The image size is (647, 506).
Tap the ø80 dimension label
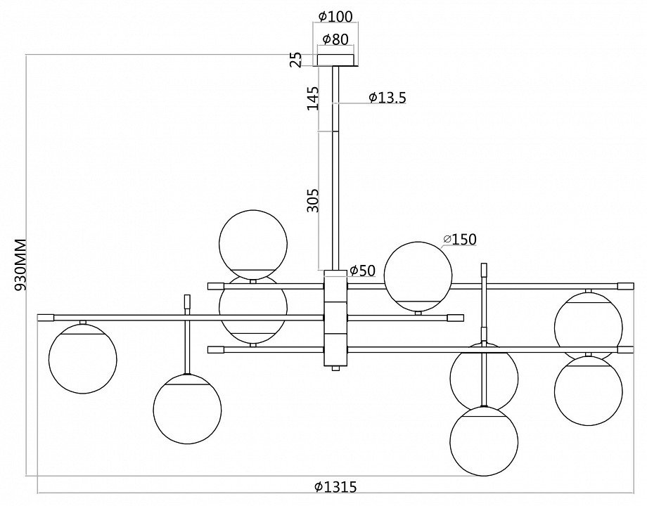point(335,39)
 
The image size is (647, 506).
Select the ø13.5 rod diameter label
point(387,98)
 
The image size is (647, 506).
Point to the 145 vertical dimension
point(313,98)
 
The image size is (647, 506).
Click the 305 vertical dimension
point(313,200)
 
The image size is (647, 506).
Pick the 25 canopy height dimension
point(296,59)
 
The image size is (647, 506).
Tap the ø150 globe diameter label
point(460,240)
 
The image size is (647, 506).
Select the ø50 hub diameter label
point(362,271)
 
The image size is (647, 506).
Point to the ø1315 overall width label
point(335,486)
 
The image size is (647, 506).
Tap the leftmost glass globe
point(83,358)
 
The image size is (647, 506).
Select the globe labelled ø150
point(418,276)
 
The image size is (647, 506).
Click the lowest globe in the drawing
point(484,441)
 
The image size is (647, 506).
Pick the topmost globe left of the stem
point(253,244)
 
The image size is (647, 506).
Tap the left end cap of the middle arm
point(46,318)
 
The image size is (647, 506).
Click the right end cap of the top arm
point(625,286)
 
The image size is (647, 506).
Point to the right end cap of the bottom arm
point(625,349)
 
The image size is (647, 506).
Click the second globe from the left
point(187,409)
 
